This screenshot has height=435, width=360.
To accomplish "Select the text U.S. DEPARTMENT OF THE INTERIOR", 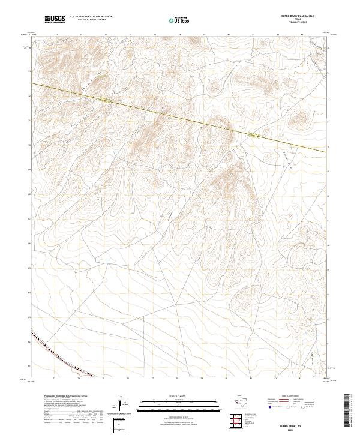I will (x=91, y=17).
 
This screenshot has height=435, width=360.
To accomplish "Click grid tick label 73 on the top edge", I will (x=56, y=35).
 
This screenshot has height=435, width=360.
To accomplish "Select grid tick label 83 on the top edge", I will (x=302, y=35).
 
